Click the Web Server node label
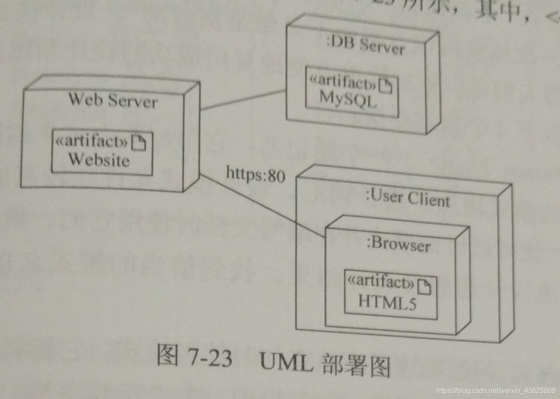[x=112, y=101]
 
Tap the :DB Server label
[x=366, y=45]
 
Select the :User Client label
[x=407, y=199]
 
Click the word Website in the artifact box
[x=99, y=160]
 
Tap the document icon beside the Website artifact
[x=139, y=143]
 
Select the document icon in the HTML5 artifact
[x=424, y=287]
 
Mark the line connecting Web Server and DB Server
[x=243, y=100]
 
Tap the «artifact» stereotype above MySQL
[x=343, y=81]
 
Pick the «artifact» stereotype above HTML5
[x=380, y=283]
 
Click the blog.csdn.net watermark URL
[x=496, y=390]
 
